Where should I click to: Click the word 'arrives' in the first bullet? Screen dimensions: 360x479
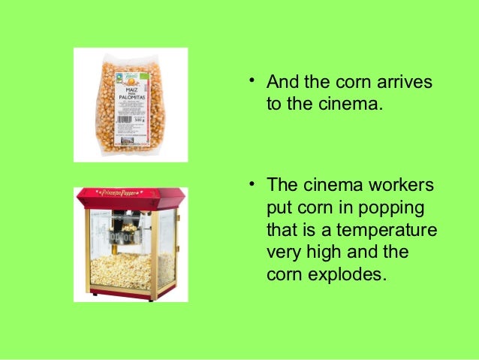click(405, 81)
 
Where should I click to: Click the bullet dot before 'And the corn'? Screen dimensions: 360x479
click(254, 80)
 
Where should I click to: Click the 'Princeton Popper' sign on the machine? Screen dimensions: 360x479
click(129, 195)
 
